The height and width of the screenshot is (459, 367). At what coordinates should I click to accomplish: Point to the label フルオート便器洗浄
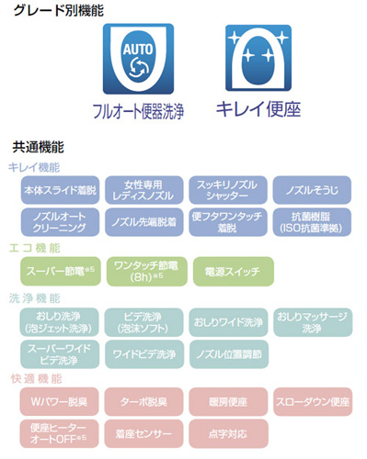point(138,114)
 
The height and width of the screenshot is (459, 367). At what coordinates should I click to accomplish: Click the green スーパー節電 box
point(58,271)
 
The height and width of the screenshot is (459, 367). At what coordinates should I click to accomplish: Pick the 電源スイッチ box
point(225,271)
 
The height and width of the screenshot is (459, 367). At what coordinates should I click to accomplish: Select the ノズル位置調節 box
point(225,353)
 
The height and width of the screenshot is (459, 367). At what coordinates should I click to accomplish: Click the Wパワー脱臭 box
point(58,401)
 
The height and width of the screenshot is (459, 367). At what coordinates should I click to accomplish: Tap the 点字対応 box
point(225,431)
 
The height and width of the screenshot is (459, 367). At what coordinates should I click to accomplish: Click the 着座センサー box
point(142,431)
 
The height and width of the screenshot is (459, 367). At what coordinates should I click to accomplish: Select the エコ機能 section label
point(35,248)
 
